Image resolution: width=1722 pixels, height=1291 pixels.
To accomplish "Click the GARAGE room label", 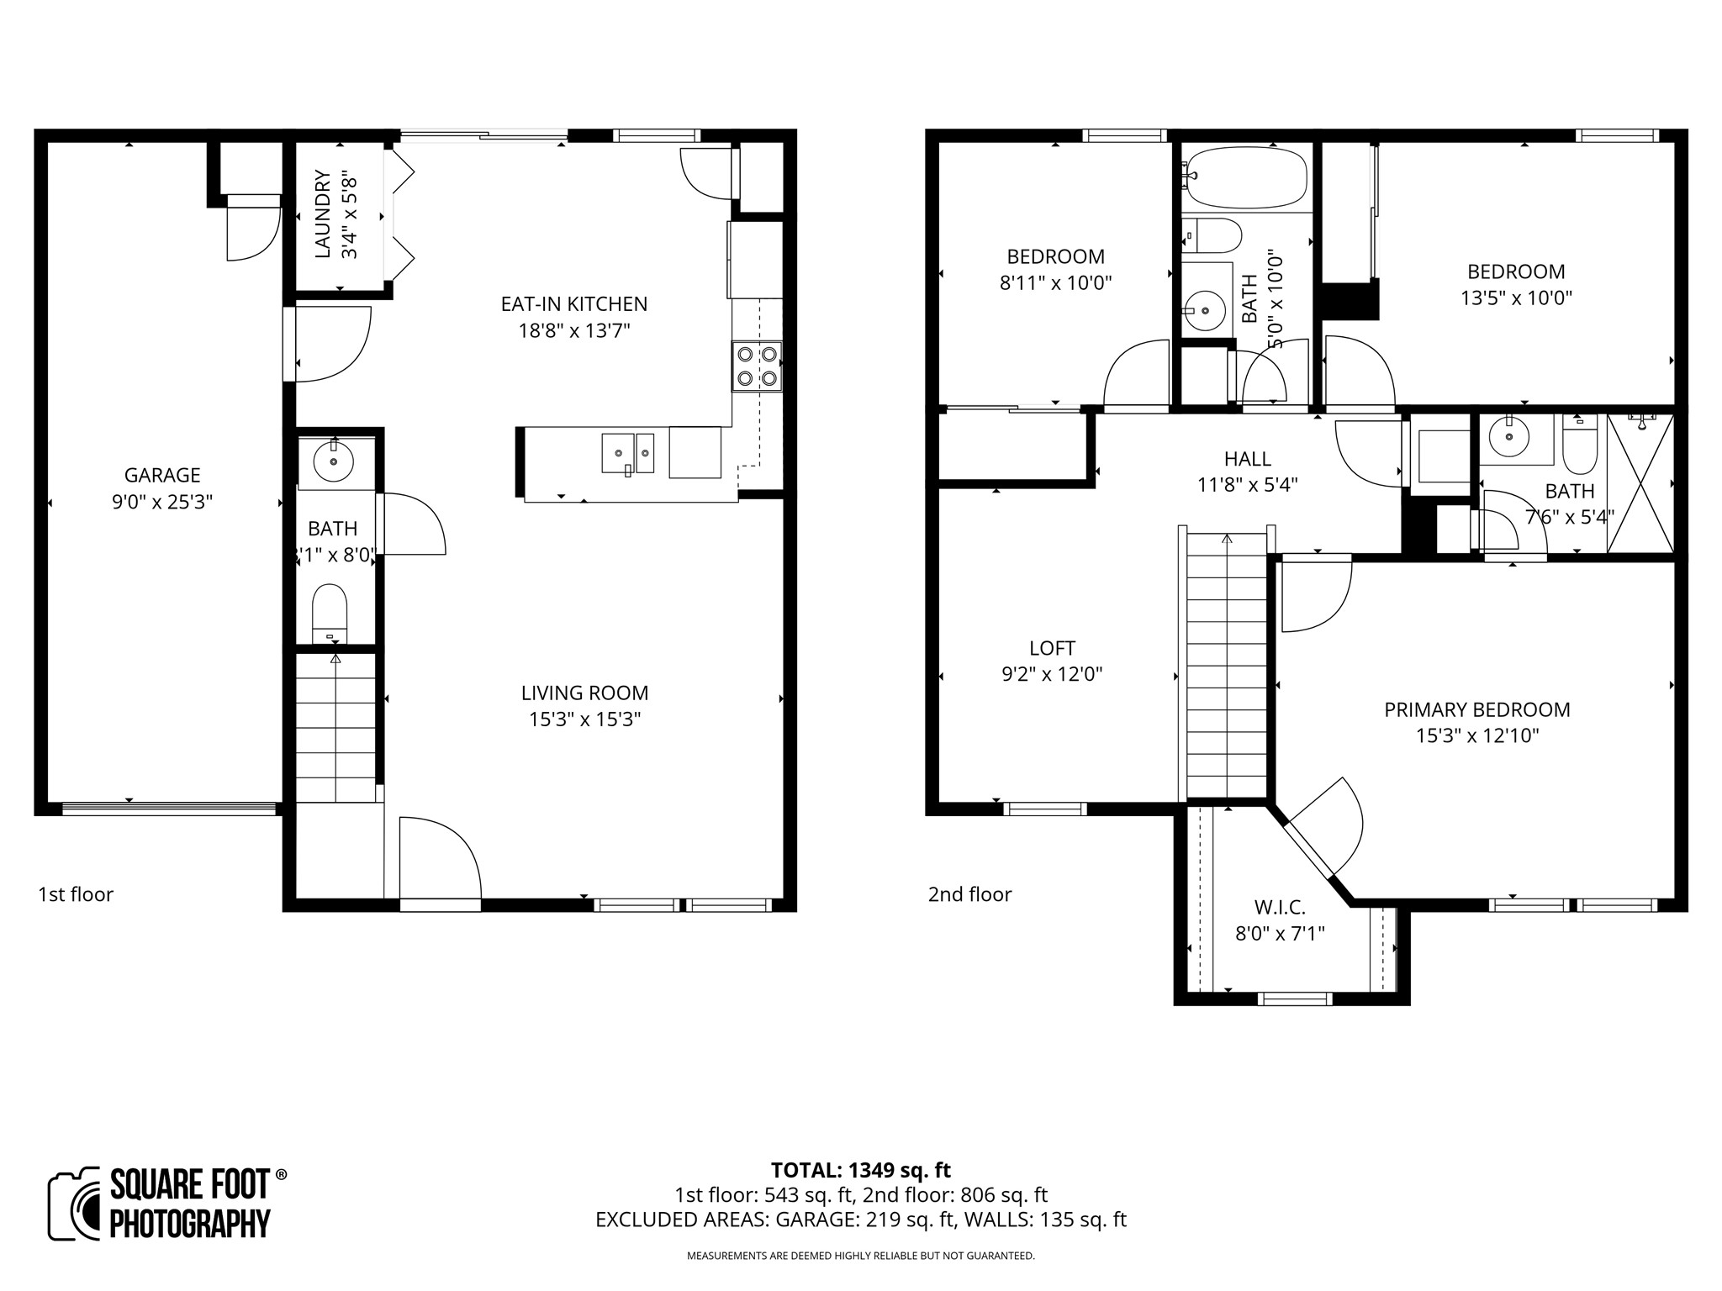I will (161, 476).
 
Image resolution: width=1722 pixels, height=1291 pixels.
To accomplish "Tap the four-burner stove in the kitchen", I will (757, 366).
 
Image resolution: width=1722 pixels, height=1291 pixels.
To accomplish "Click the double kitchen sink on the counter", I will (627, 454).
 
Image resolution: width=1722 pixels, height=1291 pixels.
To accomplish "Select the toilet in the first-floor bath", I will (330, 613).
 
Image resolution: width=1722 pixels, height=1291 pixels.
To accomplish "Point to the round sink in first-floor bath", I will (334, 461).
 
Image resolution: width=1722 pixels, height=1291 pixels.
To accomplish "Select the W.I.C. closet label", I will (1280, 908).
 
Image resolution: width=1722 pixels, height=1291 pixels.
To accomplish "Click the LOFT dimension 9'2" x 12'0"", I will (1052, 674).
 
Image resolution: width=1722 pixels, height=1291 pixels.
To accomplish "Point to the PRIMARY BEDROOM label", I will (1477, 709).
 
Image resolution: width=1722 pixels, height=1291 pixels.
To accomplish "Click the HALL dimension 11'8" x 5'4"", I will (1247, 485).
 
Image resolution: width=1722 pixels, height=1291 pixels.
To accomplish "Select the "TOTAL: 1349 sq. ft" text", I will (860, 1170).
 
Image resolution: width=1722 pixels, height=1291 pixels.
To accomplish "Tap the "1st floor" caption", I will (76, 894).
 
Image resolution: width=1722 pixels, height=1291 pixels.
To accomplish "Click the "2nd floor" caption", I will (969, 894).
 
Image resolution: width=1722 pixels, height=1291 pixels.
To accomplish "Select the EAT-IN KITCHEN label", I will (574, 304).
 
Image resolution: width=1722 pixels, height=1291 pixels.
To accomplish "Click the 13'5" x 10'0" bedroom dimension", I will (1516, 298).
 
